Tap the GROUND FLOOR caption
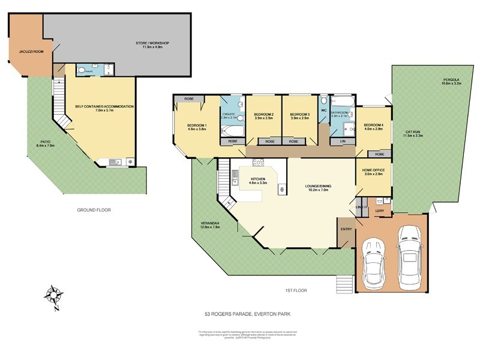point(94,210)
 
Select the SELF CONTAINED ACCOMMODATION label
point(104,107)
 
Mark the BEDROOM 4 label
point(373,125)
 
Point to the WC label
point(323,110)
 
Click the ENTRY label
point(346,229)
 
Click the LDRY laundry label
point(379,211)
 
